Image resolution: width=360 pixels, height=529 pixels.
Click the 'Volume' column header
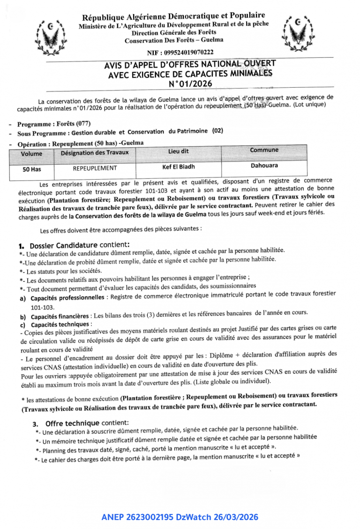(31, 153)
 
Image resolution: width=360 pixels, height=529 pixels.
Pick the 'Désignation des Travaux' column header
(95, 152)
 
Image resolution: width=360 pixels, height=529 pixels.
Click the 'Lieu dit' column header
(179, 151)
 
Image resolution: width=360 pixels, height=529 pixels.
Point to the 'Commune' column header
(264, 150)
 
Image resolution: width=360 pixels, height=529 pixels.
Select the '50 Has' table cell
(32, 169)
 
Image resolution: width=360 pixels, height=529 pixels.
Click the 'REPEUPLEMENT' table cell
(95, 168)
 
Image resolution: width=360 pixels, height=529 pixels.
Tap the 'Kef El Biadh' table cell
(179, 166)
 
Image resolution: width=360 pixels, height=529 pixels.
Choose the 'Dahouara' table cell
(264, 166)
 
